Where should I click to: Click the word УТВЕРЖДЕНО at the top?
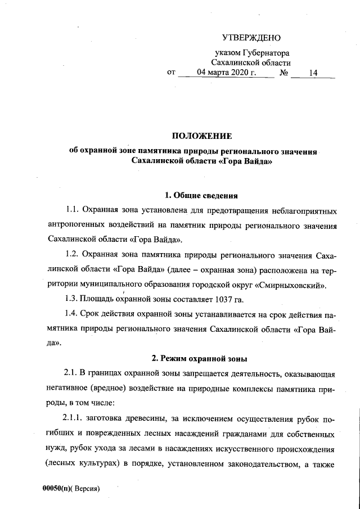click(251, 38)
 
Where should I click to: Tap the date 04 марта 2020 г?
click(227, 73)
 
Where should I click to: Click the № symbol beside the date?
click(285, 73)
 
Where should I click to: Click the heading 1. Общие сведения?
click(201, 196)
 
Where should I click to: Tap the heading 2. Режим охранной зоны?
click(201, 358)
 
